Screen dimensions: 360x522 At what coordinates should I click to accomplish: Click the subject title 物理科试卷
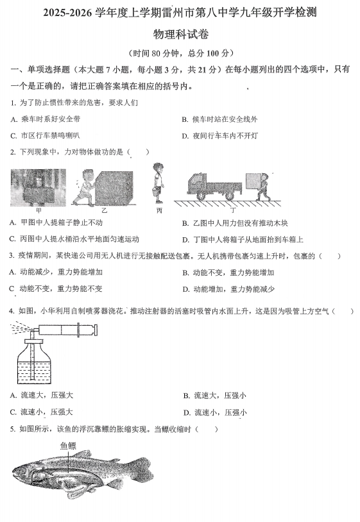coord(181,35)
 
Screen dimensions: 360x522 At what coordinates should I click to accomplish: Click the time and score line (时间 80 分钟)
coord(180,53)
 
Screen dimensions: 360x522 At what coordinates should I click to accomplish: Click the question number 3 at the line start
coord(12,256)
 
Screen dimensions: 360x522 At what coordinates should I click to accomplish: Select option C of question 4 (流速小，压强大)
coord(42,412)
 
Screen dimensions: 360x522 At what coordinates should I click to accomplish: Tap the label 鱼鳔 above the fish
coord(68,445)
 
